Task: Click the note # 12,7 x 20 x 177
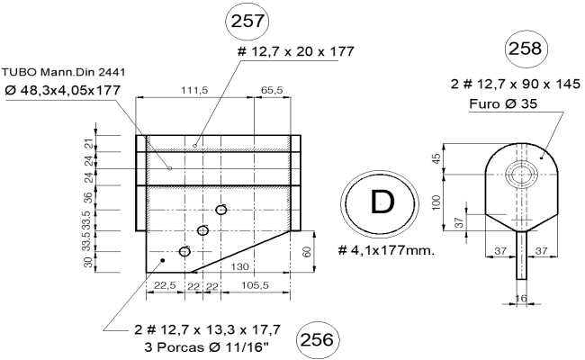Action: (x=294, y=51)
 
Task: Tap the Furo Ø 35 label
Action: (x=506, y=103)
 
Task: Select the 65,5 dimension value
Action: (x=273, y=90)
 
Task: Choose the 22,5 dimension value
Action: (x=163, y=286)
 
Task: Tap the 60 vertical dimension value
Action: (x=308, y=252)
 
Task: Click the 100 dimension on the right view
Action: (x=436, y=202)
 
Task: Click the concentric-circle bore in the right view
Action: (x=519, y=174)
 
